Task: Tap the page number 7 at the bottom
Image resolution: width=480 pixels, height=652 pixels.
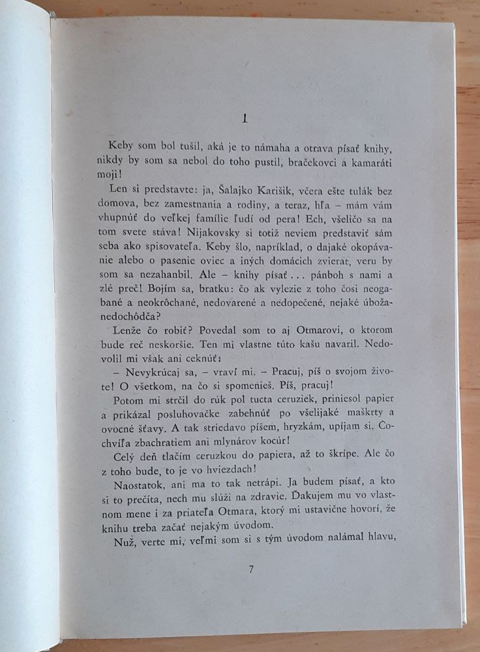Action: point(250,569)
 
